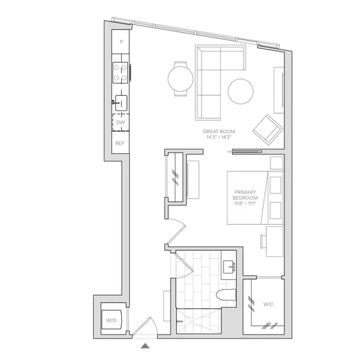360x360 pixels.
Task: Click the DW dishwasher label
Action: [x=120, y=122]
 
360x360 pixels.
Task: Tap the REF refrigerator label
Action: [x=120, y=143]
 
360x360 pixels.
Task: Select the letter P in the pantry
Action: [x=122, y=41]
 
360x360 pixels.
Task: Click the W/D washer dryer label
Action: [x=111, y=321]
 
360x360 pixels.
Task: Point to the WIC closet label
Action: [x=268, y=304]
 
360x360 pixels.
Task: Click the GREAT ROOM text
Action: [x=219, y=132]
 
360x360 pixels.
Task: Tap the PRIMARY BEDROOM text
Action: [x=245, y=195]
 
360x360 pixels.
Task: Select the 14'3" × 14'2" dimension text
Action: [x=219, y=137]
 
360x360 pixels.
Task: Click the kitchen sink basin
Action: [x=121, y=103]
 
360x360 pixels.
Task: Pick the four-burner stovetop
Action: [x=120, y=73]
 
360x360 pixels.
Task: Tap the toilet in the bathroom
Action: [x=226, y=295]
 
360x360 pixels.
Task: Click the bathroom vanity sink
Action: [x=229, y=267]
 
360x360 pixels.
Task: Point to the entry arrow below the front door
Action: [x=145, y=346]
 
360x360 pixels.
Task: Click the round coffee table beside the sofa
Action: [x=241, y=91]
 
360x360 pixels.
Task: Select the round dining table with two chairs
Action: [x=181, y=79]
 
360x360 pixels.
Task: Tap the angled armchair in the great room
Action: [x=268, y=130]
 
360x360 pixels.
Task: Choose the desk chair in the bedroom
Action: [x=263, y=242]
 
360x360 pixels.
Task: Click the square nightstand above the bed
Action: [x=276, y=163]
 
